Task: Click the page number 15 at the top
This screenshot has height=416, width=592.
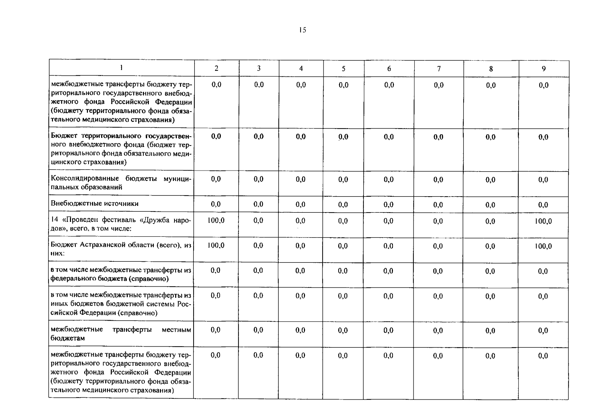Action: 302,30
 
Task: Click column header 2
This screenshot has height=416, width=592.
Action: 216,68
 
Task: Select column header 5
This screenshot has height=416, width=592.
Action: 343,69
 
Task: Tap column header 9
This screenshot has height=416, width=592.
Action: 544,69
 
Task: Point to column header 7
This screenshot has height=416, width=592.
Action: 439,69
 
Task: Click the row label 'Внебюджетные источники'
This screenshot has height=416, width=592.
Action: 95,203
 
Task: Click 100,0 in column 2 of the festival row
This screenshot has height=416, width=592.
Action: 216,220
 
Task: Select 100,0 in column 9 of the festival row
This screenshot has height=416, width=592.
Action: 543,221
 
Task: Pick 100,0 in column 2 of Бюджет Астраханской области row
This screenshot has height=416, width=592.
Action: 216,245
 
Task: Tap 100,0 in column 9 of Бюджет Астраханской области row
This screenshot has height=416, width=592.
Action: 543,246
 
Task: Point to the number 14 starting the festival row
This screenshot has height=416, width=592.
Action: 54,220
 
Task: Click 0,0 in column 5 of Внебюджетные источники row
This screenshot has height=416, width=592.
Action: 343,205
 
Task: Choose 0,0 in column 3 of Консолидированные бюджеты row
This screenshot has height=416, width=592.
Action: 258,179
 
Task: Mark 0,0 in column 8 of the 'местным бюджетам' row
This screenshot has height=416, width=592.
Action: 490,331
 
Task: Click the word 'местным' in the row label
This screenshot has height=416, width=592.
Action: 176,329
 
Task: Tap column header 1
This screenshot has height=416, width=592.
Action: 121,68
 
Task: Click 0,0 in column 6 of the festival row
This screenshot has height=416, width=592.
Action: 388,221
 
